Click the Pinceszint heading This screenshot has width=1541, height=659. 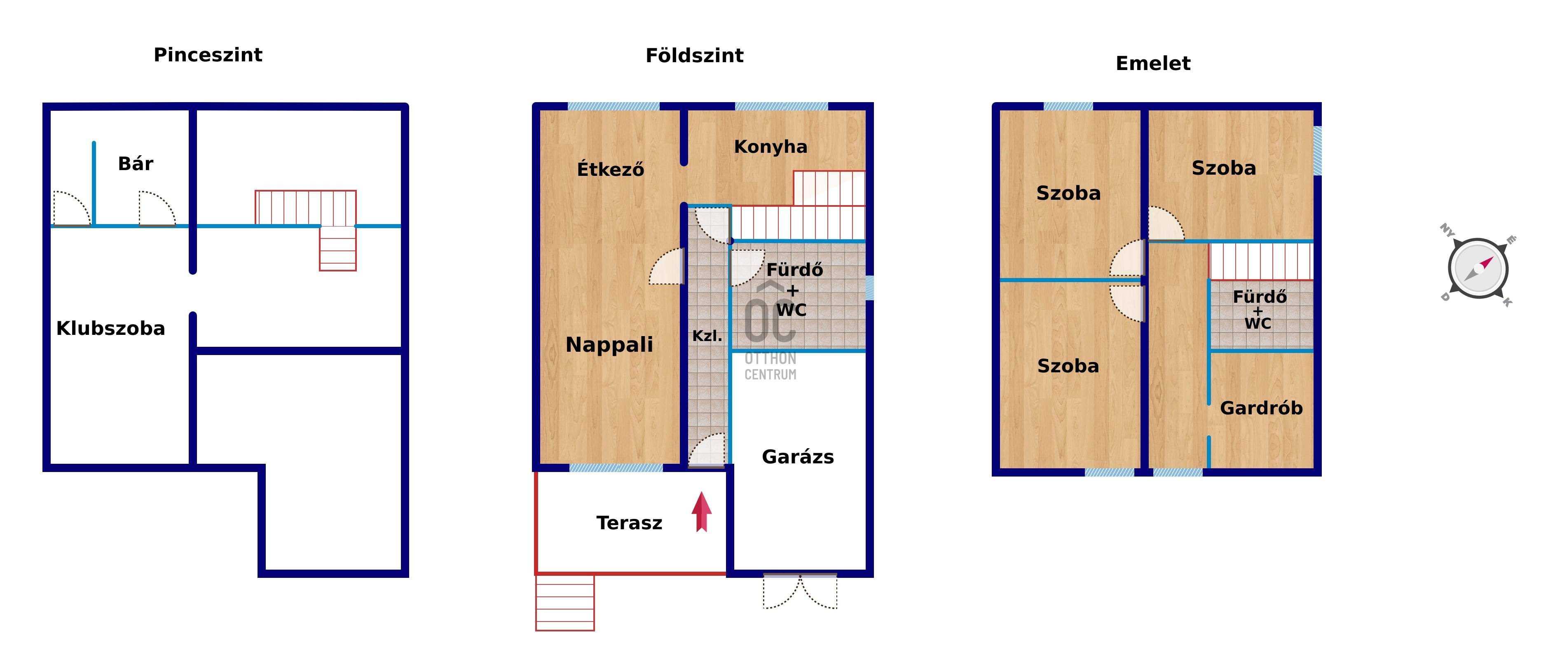[208, 55]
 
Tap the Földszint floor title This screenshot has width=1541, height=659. [695, 56]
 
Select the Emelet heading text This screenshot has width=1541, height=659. [1153, 63]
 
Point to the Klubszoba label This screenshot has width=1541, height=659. [111, 328]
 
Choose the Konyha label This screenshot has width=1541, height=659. [770, 147]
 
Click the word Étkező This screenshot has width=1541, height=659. [610, 169]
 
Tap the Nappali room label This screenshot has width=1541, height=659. [609, 345]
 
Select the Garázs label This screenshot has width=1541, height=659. [798, 457]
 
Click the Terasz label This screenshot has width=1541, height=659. [629, 523]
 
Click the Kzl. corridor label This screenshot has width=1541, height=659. [707, 336]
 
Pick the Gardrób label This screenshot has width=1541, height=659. [1261, 409]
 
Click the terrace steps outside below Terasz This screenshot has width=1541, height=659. [565, 602]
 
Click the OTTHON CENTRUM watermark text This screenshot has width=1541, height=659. [770, 367]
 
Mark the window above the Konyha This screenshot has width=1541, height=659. [781, 106]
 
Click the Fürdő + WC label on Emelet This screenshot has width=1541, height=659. [1259, 310]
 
